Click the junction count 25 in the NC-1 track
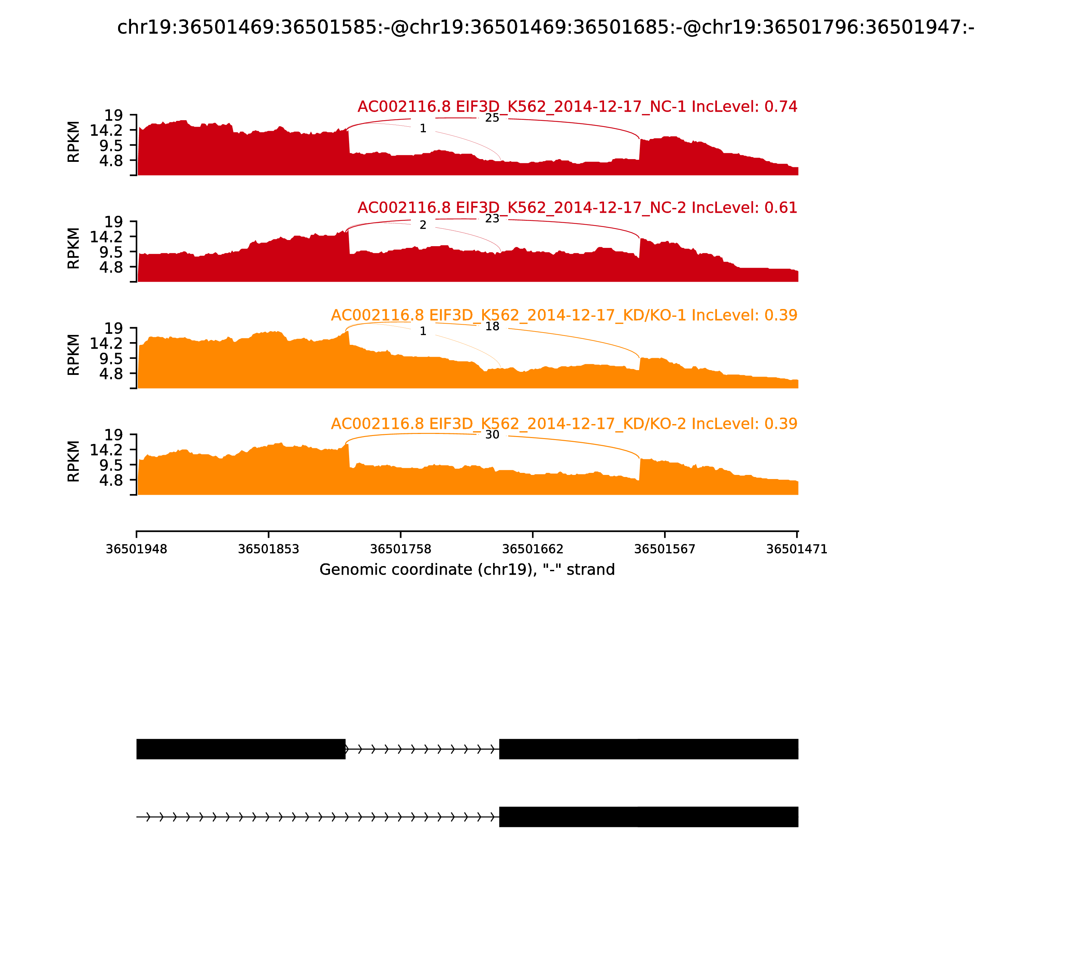[492, 118]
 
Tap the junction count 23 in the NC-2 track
[492, 219]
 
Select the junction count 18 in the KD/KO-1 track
[492, 326]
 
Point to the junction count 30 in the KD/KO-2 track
[492, 435]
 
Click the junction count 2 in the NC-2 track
[423, 225]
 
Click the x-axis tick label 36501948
[136, 549]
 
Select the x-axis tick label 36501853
[268, 549]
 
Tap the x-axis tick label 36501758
[400, 549]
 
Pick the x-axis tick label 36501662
[533, 549]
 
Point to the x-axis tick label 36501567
[664, 549]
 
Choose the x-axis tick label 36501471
[796, 549]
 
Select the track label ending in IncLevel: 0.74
[577, 107]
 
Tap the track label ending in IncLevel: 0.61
[577, 208]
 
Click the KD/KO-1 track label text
[564, 315]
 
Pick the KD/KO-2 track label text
[564, 424]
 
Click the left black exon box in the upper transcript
[241, 749]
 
